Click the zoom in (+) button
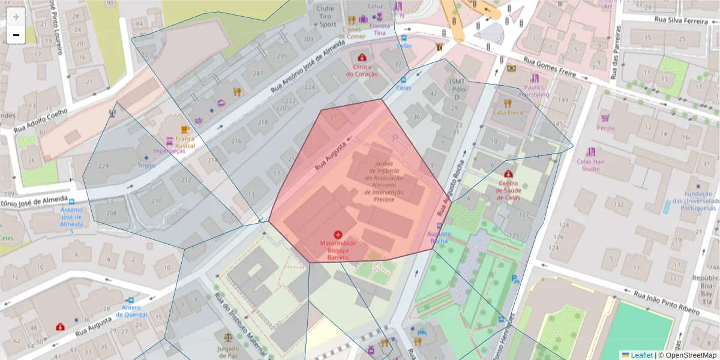coord(16,17)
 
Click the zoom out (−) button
coord(16,35)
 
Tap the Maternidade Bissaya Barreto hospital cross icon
coord(338,234)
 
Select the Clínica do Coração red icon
coord(362,58)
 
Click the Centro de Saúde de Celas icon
coord(508,173)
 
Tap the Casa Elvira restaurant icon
coord(508,103)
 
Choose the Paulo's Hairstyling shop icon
coord(534,78)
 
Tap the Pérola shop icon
coord(605,118)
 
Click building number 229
coord(103,166)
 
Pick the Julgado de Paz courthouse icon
coord(228,339)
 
